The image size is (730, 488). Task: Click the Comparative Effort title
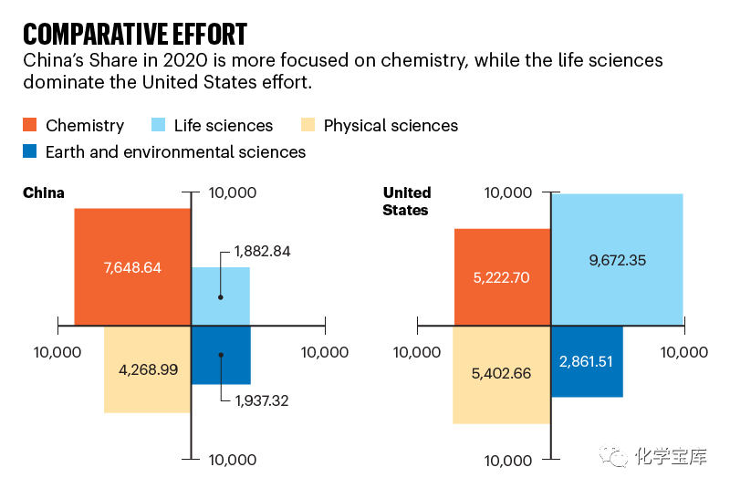pos(135,34)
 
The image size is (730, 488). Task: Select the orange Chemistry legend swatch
pos(30,125)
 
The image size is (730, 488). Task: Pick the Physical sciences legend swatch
pos(308,125)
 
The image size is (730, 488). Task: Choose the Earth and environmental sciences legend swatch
pos(30,151)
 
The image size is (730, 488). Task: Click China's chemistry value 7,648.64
pos(132,267)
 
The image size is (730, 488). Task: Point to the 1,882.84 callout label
pos(262,251)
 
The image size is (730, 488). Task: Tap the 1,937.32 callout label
pos(262,400)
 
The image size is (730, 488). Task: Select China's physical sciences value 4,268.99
pos(148,369)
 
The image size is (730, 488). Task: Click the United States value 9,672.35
pos(617,260)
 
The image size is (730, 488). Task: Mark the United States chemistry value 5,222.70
pos(503,276)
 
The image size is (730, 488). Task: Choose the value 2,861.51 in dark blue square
pos(586,360)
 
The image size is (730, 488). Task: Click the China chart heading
pos(44,192)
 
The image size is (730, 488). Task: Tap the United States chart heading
pos(406,201)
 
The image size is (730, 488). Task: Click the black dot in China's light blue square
pos(220,296)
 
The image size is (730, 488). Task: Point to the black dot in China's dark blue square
pos(220,355)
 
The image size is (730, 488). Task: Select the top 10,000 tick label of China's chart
pos(233,192)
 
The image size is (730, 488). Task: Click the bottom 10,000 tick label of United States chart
pos(507,460)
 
